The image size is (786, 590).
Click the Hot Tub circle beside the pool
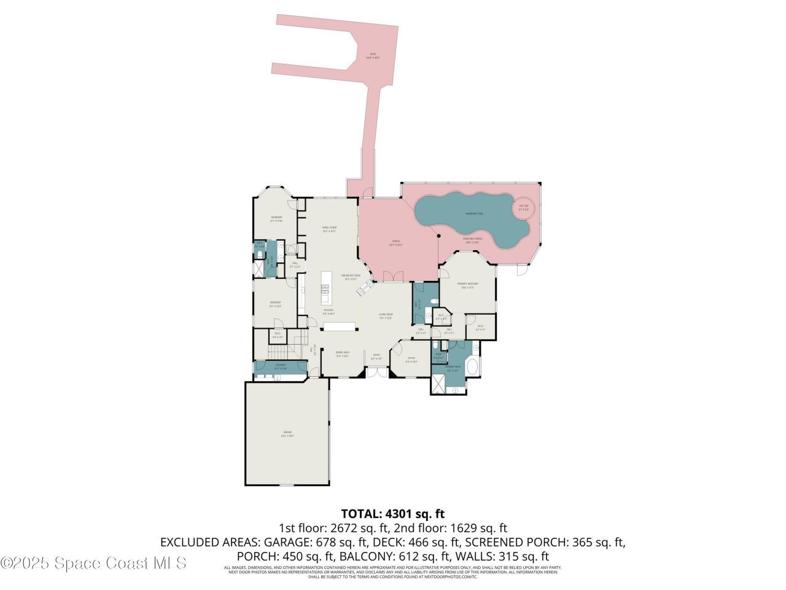(524, 208)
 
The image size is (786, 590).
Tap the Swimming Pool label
(474, 214)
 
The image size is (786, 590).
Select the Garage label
(287, 434)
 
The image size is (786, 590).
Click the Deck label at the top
(373, 56)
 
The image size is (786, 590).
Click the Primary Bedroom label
(467, 285)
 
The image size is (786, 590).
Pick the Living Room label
(386, 317)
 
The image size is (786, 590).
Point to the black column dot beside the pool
(438, 235)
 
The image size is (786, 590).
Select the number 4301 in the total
(401, 514)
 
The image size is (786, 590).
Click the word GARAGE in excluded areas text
(288, 542)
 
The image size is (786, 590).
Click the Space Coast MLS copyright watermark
(94, 562)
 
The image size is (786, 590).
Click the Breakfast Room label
(351, 277)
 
